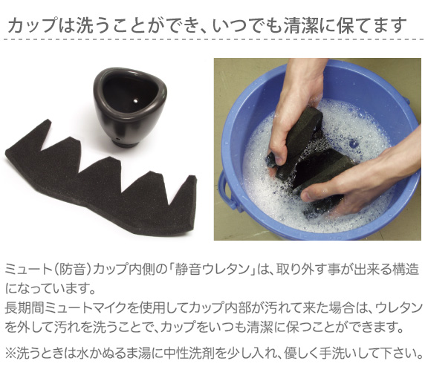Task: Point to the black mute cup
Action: point(129,107)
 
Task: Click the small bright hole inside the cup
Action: point(135,101)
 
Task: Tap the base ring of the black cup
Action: point(126,143)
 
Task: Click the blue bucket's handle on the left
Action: point(227,189)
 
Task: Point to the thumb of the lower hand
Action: point(319,193)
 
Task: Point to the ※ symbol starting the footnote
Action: point(11,353)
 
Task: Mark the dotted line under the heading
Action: point(212,39)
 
